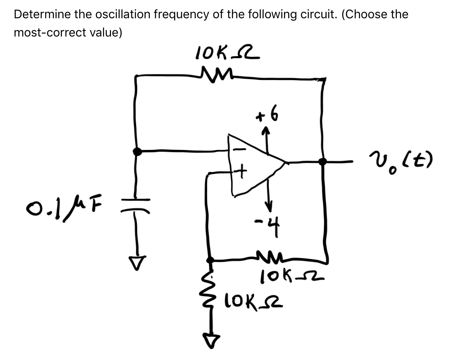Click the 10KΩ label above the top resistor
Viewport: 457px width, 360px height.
click(227, 53)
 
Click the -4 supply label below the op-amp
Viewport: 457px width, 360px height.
click(271, 228)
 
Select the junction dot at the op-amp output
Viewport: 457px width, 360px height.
click(322, 161)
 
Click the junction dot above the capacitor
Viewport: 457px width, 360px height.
click(138, 151)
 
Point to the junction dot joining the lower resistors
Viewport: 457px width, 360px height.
click(209, 260)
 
